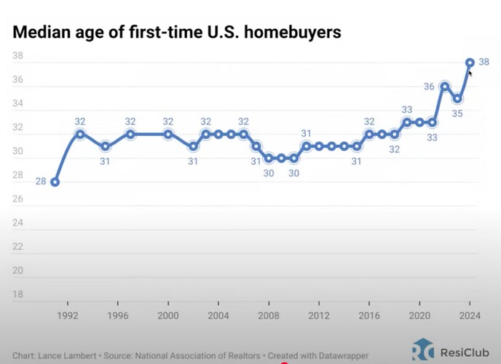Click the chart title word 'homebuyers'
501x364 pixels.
pyautogui.click(x=296, y=33)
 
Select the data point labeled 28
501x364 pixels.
pyautogui.click(x=55, y=182)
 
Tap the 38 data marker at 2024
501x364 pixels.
pyautogui.click(x=470, y=63)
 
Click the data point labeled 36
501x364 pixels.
pyautogui.click(x=445, y=87)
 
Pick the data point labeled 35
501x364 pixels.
pyautogui.click(x=457, y=98)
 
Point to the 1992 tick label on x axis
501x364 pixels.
pyautogui.click(x=68, y=317)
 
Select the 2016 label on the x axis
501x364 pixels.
pyautogui.click(x=369, y=317)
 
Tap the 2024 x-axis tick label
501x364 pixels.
pyautogui.click(x=470, y=317)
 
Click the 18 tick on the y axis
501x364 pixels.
pyautogui.click(x=18, y=295)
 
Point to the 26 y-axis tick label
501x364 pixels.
pyautogui.click(x=18, y=199)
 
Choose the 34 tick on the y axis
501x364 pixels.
pyautogui.click(x=18, y=104)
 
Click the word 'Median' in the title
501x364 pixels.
pyautogui.click(x=40, y=33)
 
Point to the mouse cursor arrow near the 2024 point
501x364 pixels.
pyautogui.click(x=470, y=73)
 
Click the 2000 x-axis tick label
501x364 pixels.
pyautogui.click(x=168, y=317)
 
